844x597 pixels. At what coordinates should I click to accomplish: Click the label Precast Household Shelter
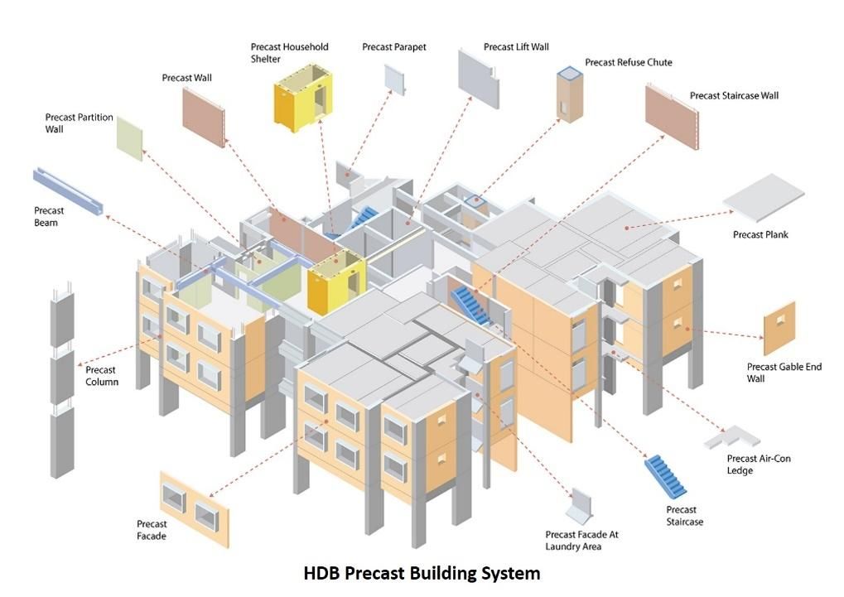[x=290, y=53]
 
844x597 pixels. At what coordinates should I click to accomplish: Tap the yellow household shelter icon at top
[x=303, y=99]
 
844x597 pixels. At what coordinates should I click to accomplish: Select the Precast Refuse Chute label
[x=629, y=62]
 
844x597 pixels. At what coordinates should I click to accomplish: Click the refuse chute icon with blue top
[x=570, y=94]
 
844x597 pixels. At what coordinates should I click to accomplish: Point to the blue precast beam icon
[x=68, y=191]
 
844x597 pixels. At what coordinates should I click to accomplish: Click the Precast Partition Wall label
[x=80, y=123]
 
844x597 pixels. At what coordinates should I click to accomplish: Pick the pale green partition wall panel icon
[x=130, y=138]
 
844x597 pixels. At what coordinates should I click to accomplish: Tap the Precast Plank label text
[x=760, y=234]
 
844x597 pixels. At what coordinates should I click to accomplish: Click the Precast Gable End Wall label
[x=784, y=373]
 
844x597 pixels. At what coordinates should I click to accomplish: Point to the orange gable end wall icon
[x=779, y=328]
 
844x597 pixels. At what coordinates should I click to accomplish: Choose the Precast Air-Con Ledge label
[x=759, y=465]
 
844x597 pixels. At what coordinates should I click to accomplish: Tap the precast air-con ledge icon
[x=731, y=436]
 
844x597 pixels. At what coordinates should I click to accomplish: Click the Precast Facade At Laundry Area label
[x=582, y=541]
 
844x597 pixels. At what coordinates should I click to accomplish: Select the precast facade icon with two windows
[x=195, y=509]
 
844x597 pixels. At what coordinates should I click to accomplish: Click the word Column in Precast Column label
[x=102, y=383]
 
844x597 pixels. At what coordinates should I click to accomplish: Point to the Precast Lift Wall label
[x=516, y=47]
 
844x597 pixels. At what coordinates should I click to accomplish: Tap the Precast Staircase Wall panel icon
[x=672, y=116]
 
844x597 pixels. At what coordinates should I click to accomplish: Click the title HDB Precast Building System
[x=422, y=573]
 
